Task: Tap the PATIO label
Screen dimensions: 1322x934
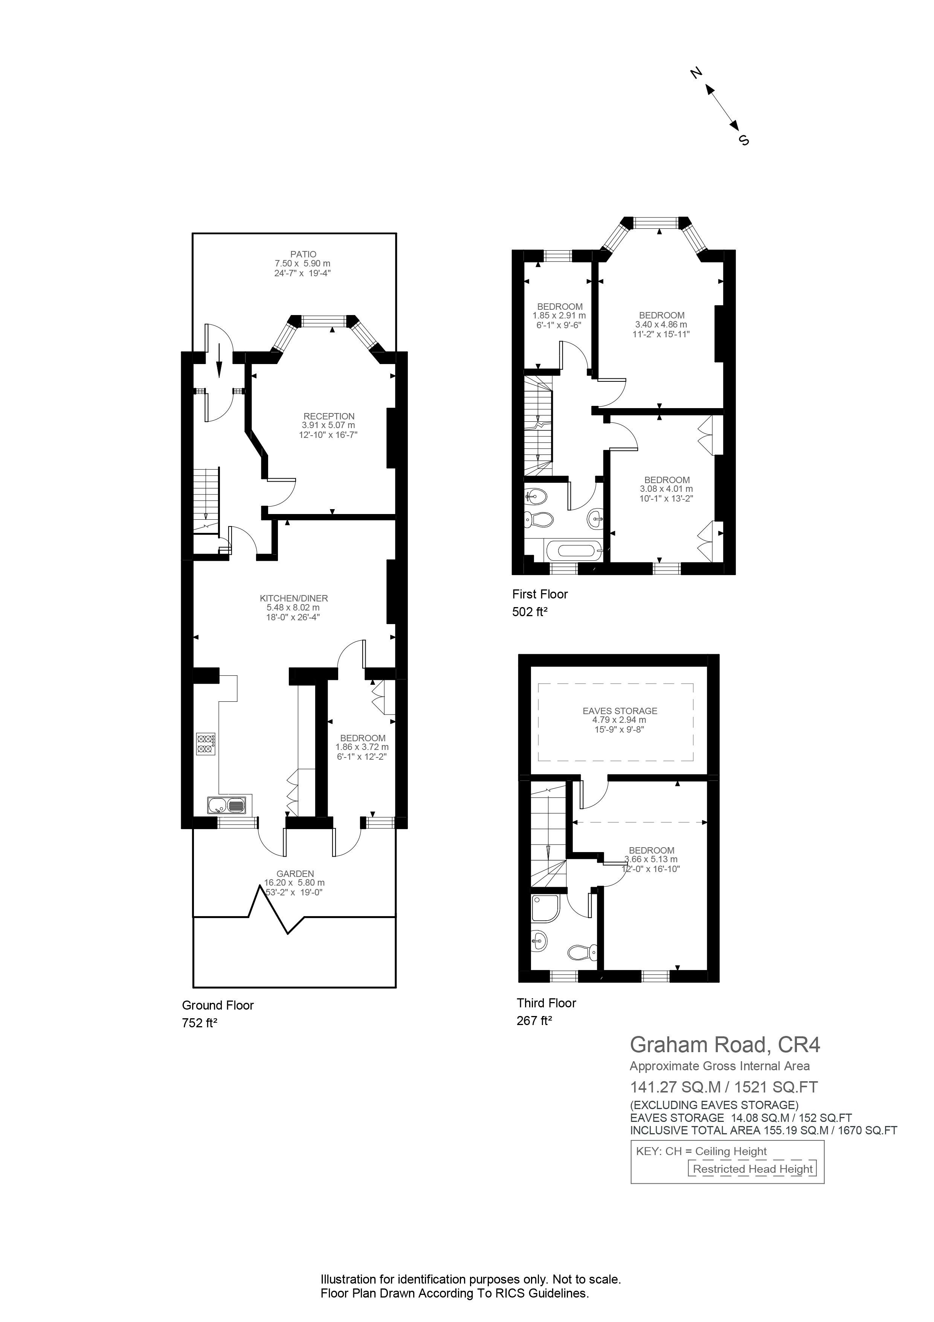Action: click(x=303, y=254)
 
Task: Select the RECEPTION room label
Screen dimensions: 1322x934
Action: click(x=329, y=416)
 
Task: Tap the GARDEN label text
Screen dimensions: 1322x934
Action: click(x=294, y=874)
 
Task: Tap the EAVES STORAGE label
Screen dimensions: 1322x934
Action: click(x=620, y=711)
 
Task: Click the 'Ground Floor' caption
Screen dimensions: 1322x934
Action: click(x=218, y=1005)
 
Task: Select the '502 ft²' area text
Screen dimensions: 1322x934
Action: click(x=530, y=612)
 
